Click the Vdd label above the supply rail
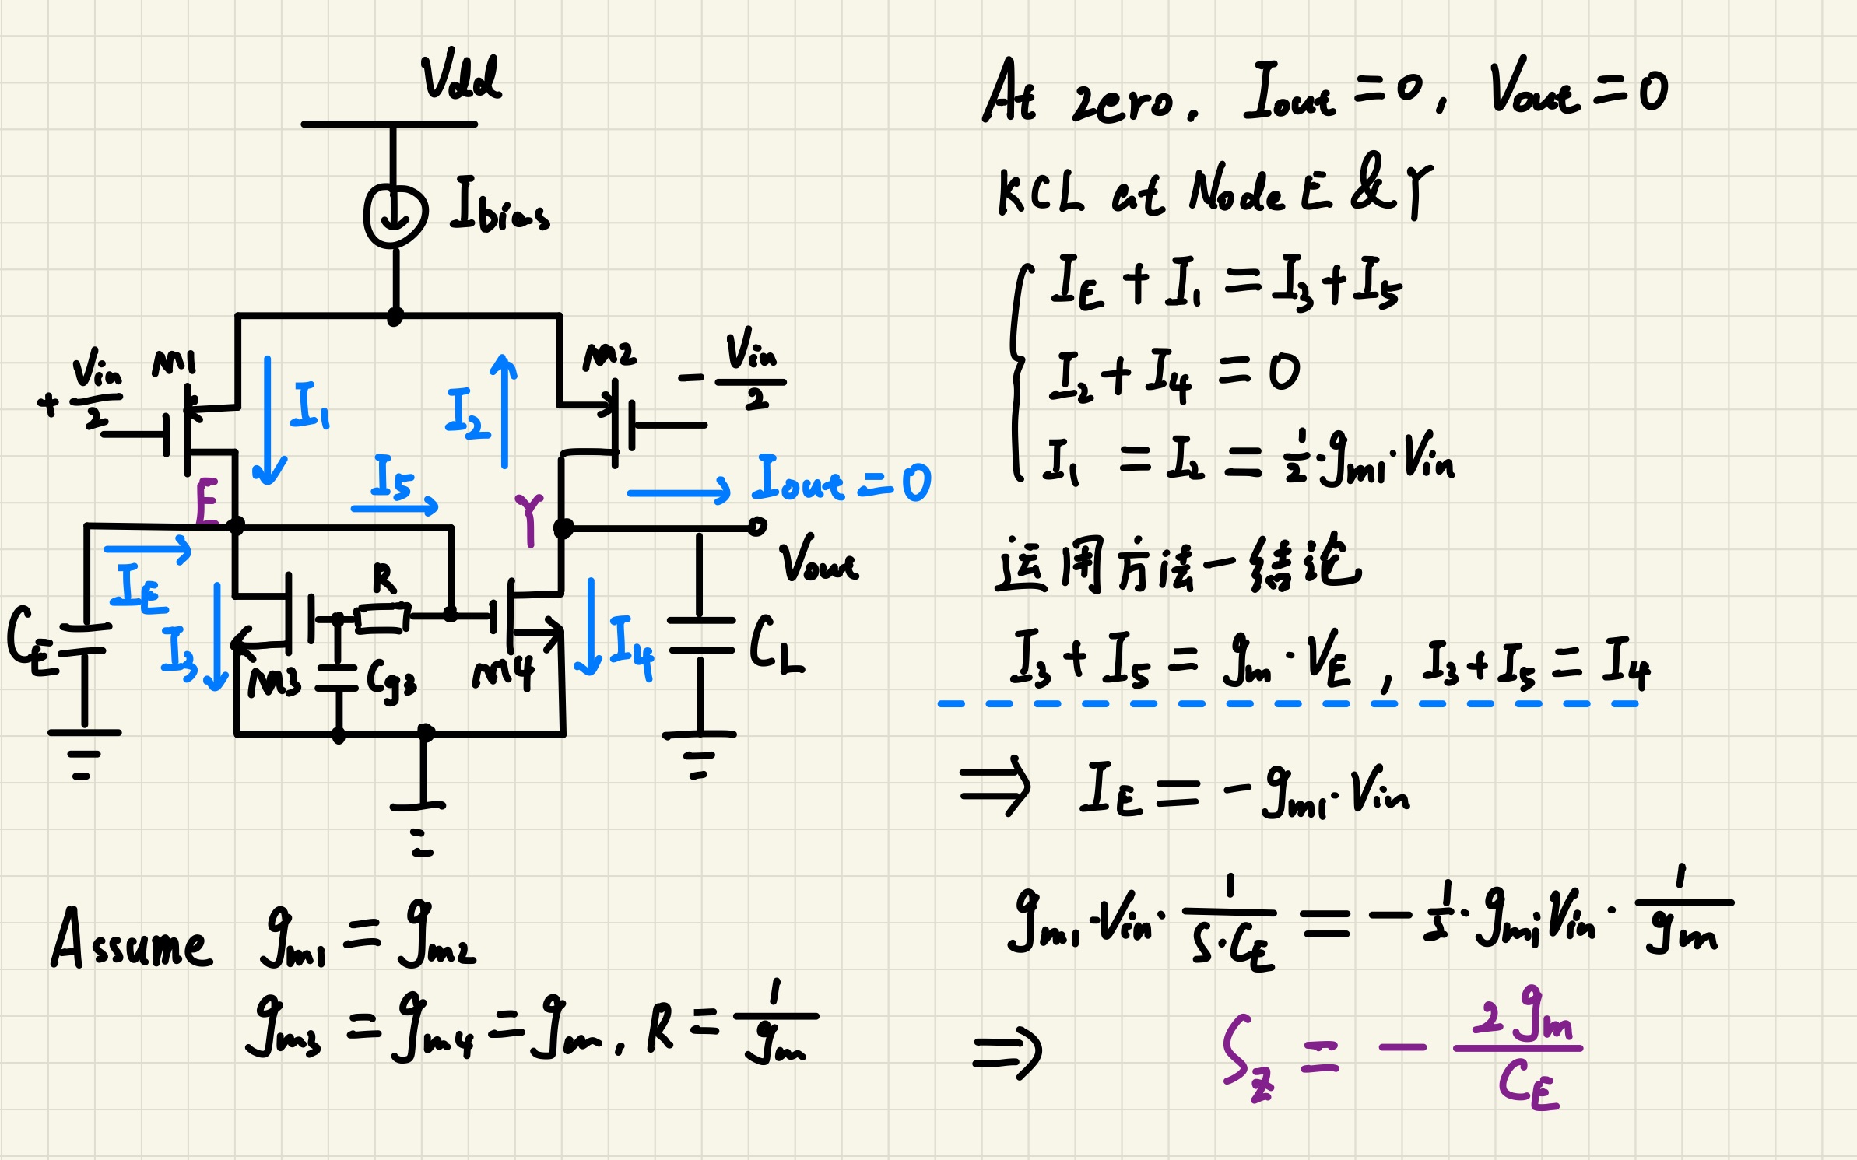[x=461, y=78]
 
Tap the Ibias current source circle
[x=395, y=216]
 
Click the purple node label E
[x=207, y=501]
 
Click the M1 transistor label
[x=174, y=363]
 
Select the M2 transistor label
[x=609, y=356]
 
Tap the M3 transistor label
[x=274, y=682]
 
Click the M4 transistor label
[x=504, y=673]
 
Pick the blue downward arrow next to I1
[x=269, y=420]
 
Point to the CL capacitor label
[x=776, y=644]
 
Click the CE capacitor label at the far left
[x=31, y=640]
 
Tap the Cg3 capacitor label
[x=391, y=681]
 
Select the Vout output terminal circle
[x=757, y=527]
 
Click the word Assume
[x=131, y=940]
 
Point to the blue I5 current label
[x=393, y=476]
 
